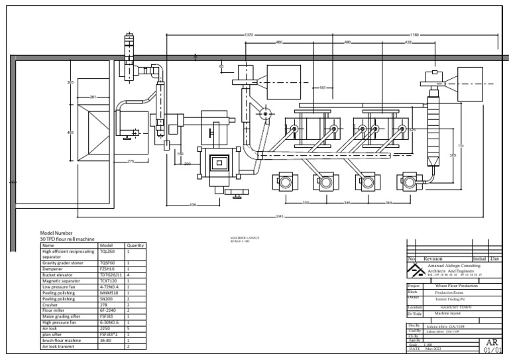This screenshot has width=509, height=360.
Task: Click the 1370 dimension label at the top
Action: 249,34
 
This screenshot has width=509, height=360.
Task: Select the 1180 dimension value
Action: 414,34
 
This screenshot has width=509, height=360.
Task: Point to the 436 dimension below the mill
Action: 192,204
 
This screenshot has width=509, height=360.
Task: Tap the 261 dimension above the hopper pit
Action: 93,97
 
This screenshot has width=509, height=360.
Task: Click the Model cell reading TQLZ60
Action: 107,252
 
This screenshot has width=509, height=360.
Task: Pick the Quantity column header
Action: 135,245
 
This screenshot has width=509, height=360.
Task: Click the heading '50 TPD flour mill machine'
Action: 68,239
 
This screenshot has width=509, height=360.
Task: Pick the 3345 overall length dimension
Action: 280,216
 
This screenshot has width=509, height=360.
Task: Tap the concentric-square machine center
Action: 218,161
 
